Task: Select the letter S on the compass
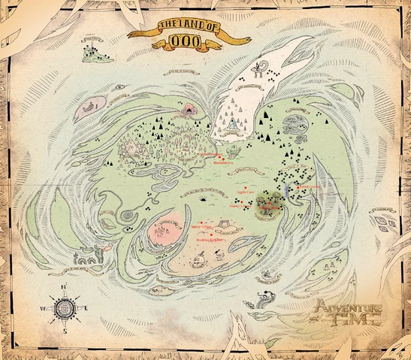pos(65,330)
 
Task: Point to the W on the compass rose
pos(43,309)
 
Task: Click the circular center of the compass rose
pos(65,308)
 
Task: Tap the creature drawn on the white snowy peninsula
pos(260,71)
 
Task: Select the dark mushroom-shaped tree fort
pos(267,209)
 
